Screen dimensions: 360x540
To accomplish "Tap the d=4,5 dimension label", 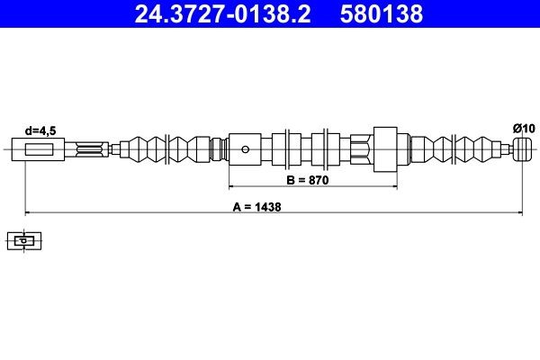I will (40, 130).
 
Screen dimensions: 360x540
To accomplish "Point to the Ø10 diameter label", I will (524, 129).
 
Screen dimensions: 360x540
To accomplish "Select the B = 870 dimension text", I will (309, 180).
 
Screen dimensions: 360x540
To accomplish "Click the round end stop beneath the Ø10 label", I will (521, 148).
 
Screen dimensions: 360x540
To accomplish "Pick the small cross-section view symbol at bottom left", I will (24, 240).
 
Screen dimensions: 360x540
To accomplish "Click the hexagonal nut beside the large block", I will (360, 149).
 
